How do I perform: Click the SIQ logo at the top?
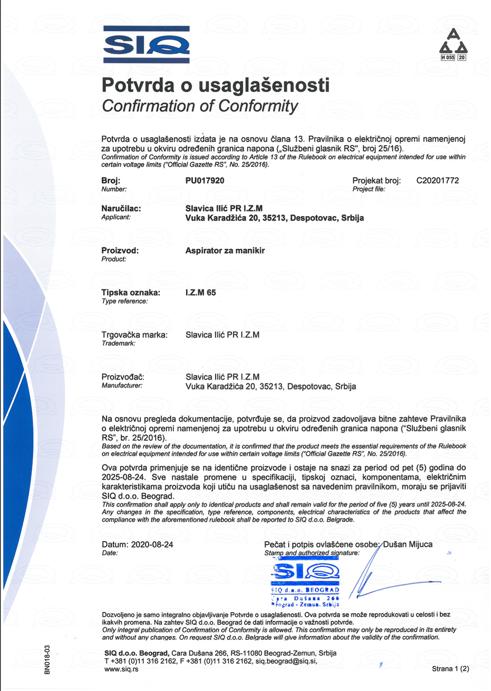(x=146, y=45)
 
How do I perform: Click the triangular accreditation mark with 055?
(x=453, y=45)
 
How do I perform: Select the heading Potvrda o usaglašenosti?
(x=215, y=85)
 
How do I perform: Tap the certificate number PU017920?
(x=205, y=181)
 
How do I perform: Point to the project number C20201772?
(x=437, y=181)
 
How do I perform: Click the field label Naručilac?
(x=121, y=209)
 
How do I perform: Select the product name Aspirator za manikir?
(x=225, y=251)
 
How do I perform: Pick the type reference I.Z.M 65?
(x=200, y=293)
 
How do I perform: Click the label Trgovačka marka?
(x=134, y=335)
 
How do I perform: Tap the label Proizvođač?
(x=123, y=377)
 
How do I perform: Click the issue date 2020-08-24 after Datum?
(x=152, y=545)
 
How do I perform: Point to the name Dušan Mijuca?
(x=408, y=545)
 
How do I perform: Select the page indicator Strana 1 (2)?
(x=450, y=669)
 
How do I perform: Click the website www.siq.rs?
(x=121, y=669)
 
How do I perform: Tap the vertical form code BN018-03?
(x=47, y=660)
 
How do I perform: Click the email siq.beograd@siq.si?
(x=286, y=661)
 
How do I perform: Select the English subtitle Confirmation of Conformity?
(x=200, y=106)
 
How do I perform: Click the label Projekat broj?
(x=376, y=181)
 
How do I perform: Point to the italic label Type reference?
(x=125, y=301)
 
